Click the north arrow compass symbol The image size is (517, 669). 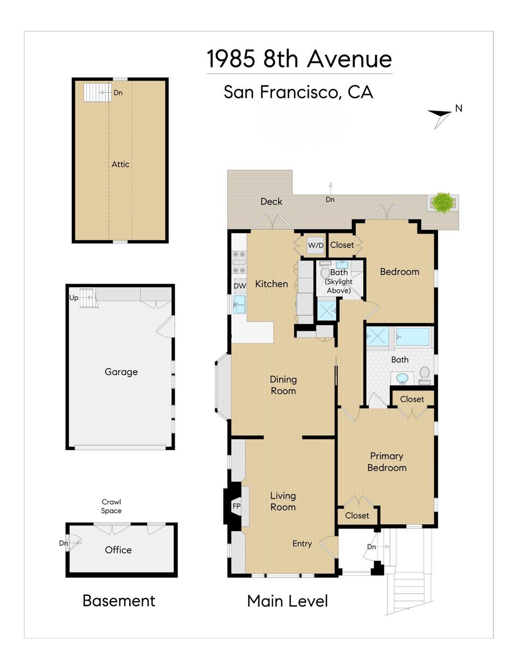439,118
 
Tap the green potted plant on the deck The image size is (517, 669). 443,203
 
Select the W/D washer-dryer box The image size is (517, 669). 316,245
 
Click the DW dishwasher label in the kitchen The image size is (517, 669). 240,286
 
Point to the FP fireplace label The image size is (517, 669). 237,506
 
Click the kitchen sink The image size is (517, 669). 240,304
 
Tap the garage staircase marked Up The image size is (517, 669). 89,298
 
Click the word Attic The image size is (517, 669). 120,164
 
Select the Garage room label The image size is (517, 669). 121,372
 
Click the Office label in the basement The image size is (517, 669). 118,550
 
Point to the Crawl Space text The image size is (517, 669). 112,506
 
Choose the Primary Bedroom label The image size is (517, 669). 387,461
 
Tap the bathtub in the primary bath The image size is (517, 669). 412,337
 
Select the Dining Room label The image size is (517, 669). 283,385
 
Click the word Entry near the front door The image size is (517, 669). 302,544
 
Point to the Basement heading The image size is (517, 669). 119,601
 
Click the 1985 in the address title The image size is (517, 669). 231,58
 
